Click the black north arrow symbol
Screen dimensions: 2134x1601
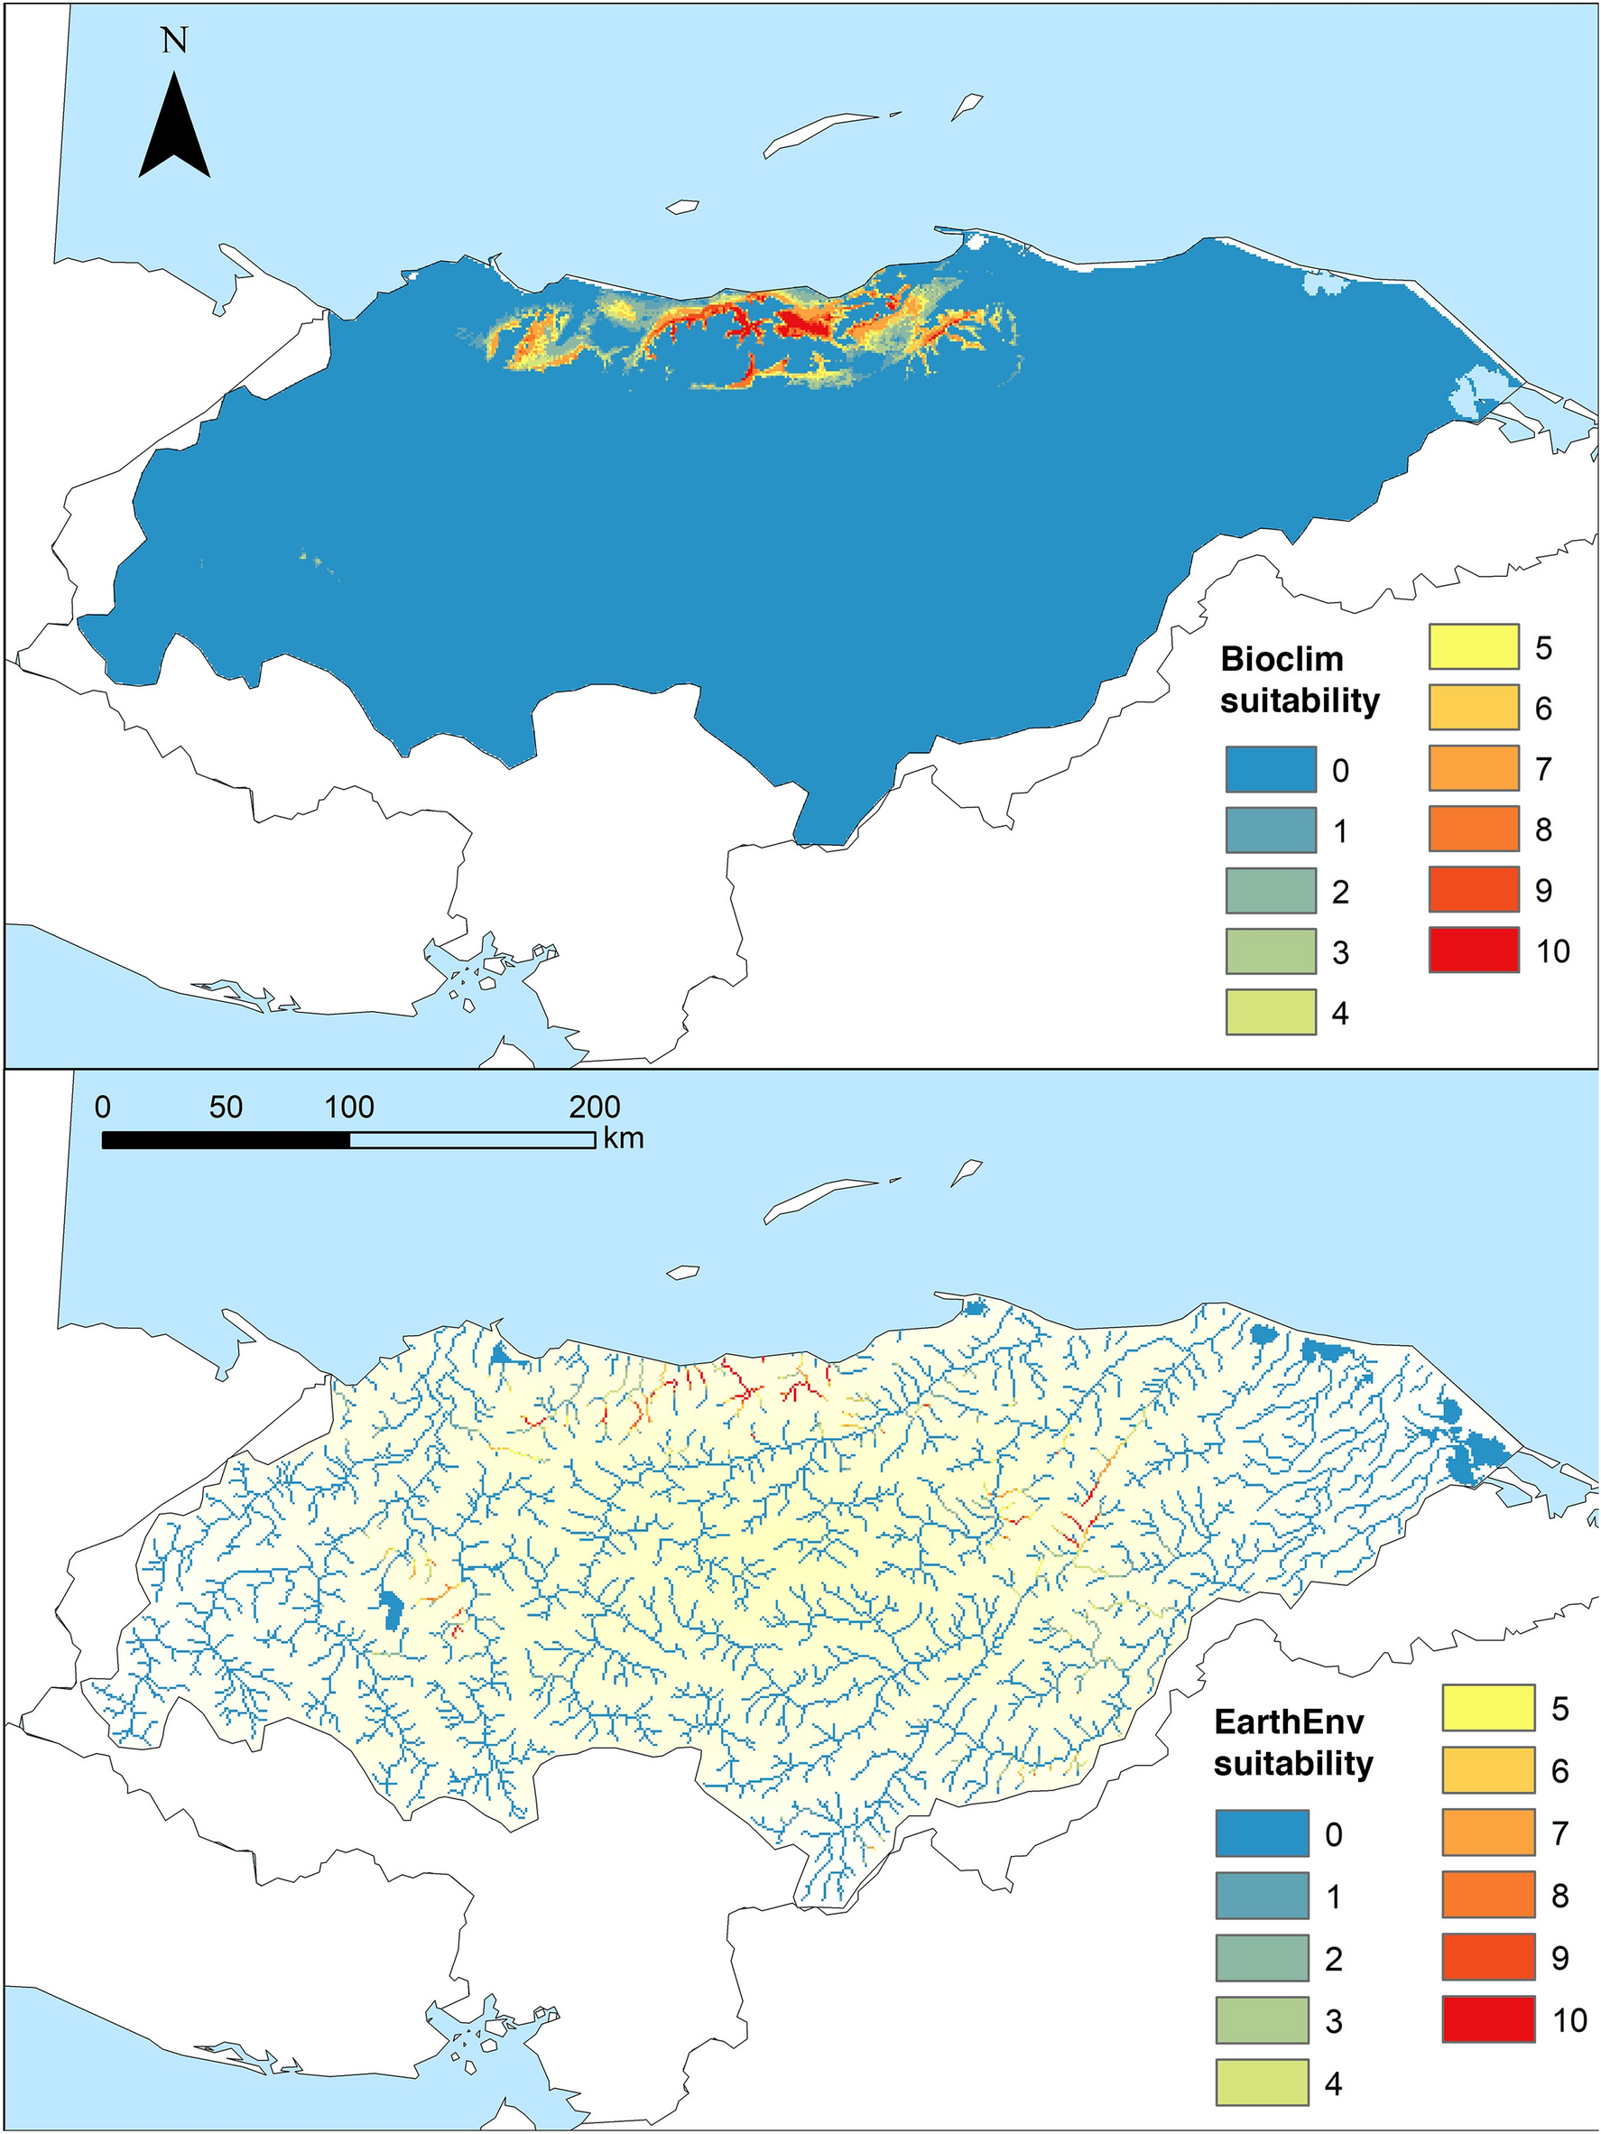174,130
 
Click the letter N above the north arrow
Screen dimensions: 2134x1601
174,41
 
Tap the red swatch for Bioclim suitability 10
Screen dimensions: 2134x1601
1474,951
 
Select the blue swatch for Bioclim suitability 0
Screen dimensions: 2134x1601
1270,769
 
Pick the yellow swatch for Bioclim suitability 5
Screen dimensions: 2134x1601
1474,646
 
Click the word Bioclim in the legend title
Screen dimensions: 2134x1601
1282,659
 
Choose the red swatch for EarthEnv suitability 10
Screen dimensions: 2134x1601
1488,2019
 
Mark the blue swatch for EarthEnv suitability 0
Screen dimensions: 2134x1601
1262,1833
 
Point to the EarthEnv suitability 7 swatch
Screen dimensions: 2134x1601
1488,1832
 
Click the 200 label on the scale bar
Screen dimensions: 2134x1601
594,1107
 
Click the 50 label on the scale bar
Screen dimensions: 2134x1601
225,1107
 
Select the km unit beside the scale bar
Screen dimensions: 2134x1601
623,1139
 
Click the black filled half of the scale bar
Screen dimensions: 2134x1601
226,1140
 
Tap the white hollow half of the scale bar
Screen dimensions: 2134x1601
472,1140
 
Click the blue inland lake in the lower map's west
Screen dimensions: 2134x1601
390,1610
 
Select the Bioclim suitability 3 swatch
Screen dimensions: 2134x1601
1270,951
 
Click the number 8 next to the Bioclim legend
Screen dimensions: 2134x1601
1543,829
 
